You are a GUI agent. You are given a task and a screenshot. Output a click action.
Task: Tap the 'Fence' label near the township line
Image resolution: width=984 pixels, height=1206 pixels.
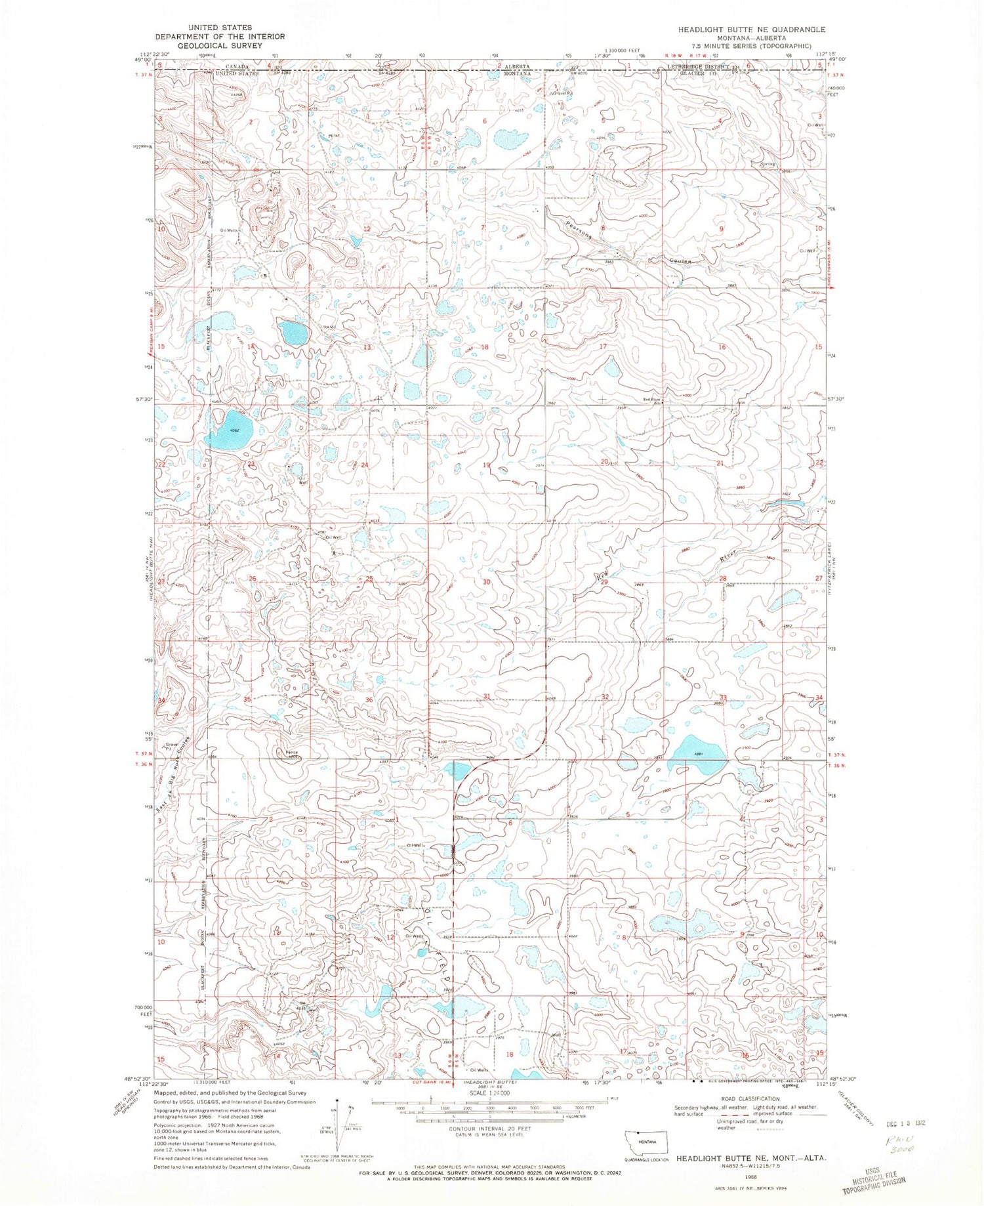[291, 753]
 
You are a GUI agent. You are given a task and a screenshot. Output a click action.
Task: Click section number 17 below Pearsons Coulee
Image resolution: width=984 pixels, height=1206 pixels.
[602, 346]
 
